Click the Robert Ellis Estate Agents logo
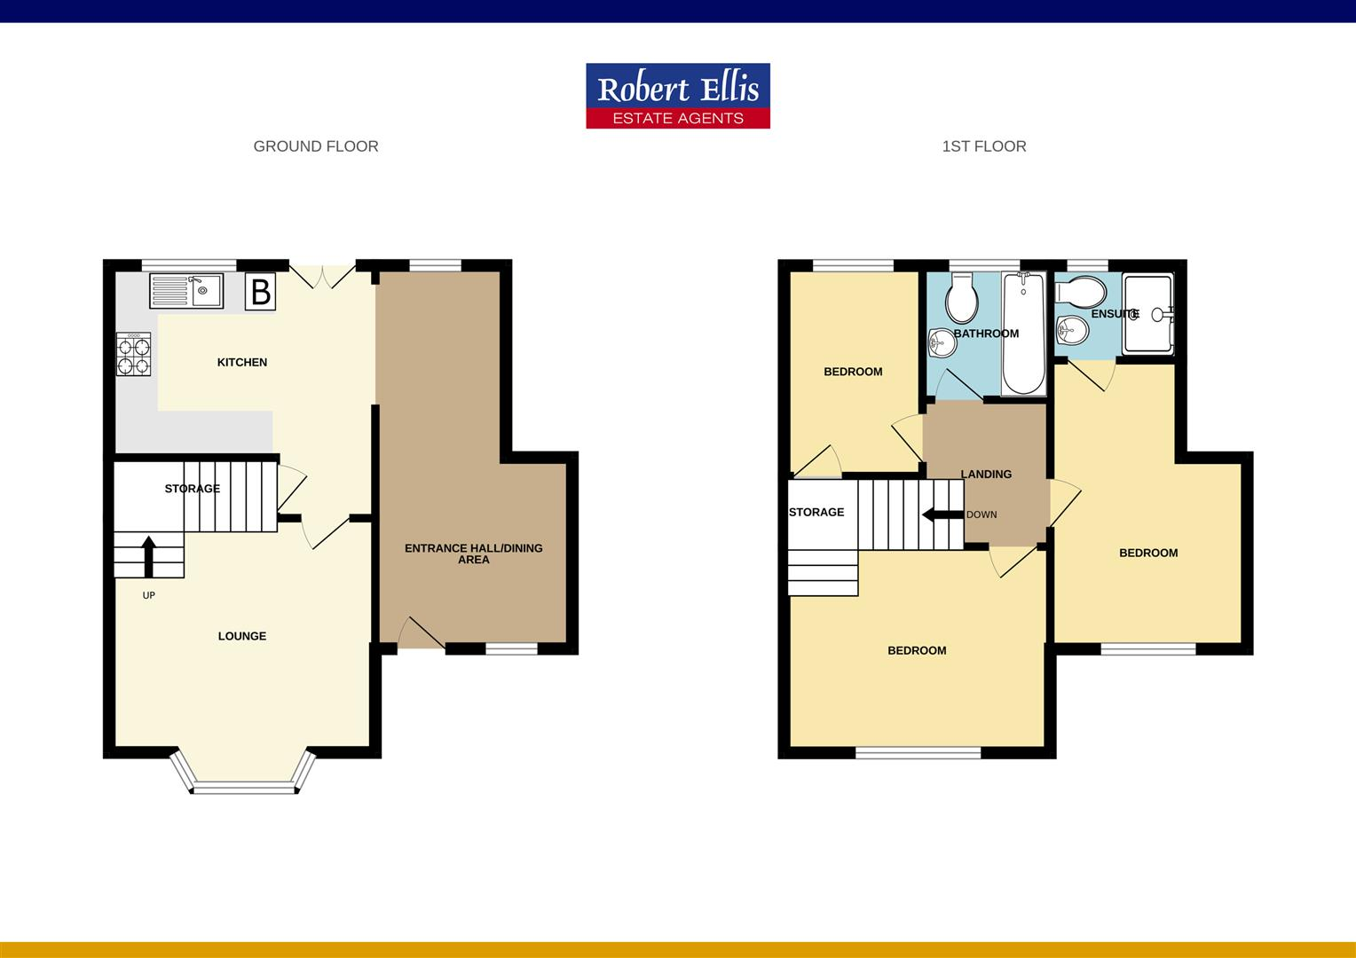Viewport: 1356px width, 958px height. point(678,96)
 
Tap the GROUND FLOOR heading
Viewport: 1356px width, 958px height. point(316,146)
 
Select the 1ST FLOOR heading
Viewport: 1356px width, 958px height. point(983,146)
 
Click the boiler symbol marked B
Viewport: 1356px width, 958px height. point(261,292)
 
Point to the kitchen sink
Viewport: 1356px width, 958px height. point(186,290)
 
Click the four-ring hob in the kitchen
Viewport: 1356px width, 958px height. point(133,354)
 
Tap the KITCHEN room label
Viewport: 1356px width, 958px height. point(242,362)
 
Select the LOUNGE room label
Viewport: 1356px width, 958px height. point(242,636)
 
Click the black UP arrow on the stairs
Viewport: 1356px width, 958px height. point(148,556)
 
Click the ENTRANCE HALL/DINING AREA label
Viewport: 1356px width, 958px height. point(473,554)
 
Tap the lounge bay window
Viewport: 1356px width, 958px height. point(244,784)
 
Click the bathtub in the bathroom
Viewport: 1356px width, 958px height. point(1023,333)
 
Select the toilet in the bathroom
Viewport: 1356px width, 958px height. point(961,297)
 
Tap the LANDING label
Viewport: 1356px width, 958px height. point(986,475)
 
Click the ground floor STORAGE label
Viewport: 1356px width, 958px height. point(193,489)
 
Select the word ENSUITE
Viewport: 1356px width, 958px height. point(1115,314)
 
